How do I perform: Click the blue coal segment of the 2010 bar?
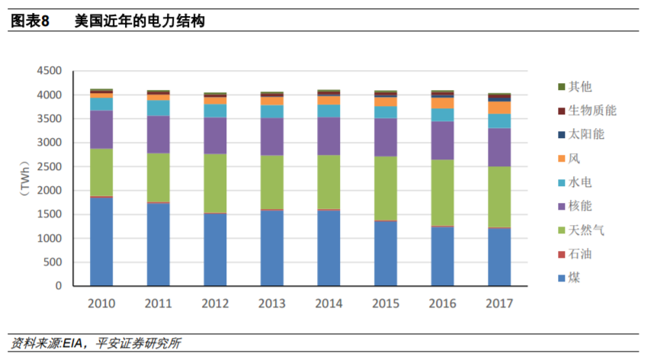101,241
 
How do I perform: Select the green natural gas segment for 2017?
499,196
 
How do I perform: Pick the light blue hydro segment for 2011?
159,108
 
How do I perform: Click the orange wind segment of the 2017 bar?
499,108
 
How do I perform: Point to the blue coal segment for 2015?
386,253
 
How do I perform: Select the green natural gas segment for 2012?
215,183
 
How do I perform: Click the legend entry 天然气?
586,230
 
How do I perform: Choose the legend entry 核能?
580,206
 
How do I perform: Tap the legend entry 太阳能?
586,134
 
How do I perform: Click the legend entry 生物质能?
591,111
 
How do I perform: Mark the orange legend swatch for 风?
562,159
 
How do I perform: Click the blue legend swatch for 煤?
562,278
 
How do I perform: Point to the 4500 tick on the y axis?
49,71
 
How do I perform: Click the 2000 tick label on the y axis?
49,191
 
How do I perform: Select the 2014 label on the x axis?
329,303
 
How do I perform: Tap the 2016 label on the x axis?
442,303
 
